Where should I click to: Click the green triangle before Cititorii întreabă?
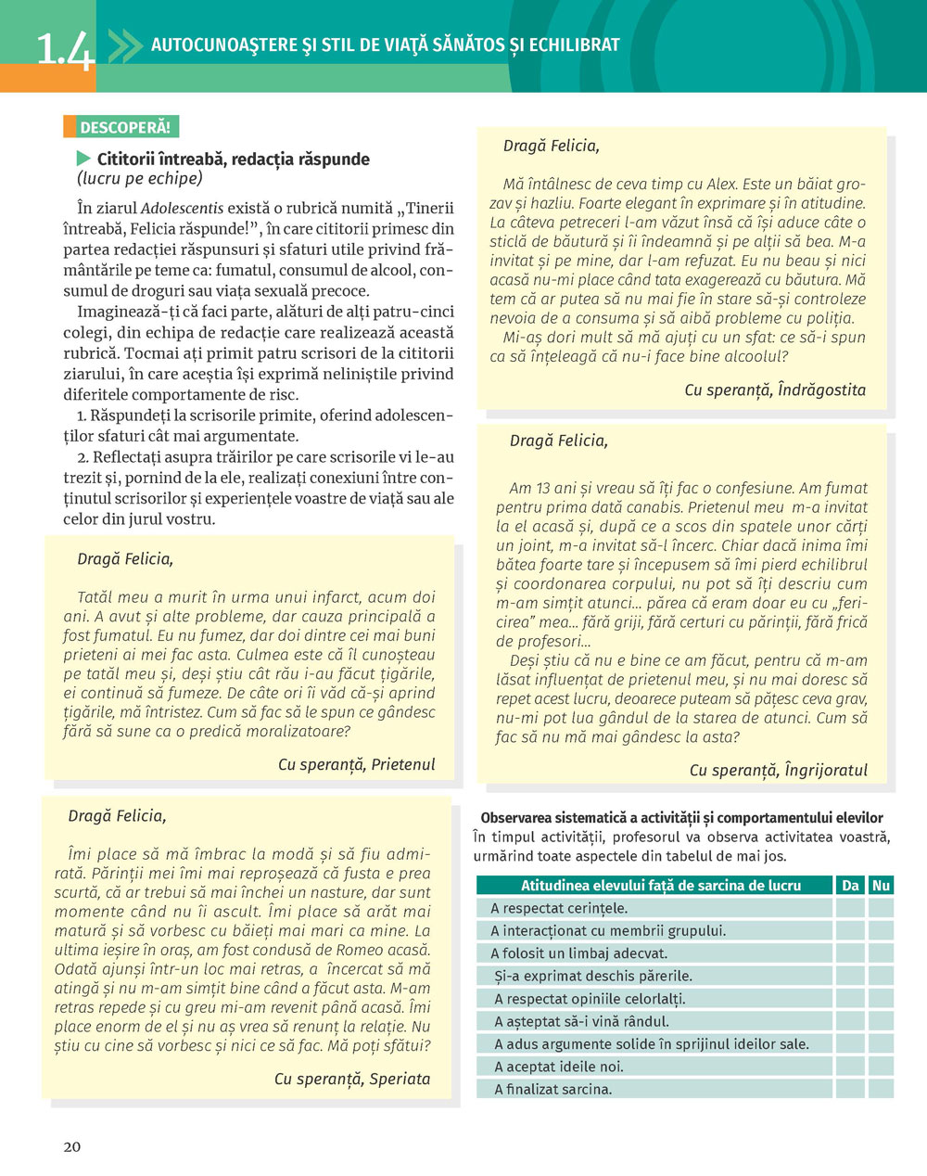84,159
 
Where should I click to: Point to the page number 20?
72,1146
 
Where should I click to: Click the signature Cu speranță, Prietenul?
356,764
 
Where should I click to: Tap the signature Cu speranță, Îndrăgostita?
775,390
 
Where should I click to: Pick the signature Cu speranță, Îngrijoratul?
779,770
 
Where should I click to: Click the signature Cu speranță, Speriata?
352,1079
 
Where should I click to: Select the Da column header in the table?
851,885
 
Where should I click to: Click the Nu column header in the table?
882,885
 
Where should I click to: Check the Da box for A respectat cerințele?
851,908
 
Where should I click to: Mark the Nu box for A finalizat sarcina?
882,1089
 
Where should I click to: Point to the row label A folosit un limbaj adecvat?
578,953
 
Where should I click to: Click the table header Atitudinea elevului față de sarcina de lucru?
660,885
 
